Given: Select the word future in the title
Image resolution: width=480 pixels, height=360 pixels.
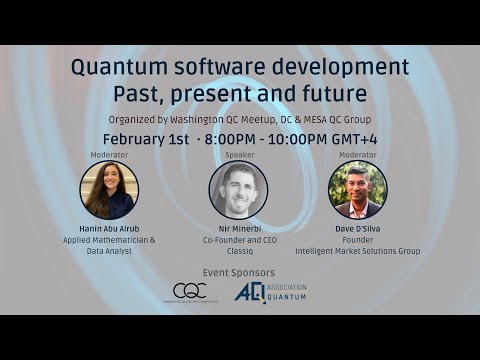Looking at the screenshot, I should (330, 95).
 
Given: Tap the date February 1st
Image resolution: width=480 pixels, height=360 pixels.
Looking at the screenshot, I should (146, 138).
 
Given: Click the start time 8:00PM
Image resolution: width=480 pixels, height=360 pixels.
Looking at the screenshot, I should (231, 138).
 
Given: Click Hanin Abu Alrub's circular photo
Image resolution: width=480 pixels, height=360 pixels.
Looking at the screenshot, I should (109, 190).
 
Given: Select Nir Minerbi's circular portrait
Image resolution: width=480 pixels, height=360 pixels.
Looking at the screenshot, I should (238, 190).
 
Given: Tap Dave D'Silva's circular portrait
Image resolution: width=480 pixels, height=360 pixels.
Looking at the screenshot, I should (357, 190).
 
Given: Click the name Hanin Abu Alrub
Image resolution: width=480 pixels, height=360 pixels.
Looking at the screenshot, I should (109, 230).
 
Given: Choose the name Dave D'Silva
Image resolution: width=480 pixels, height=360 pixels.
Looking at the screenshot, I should (357, 230).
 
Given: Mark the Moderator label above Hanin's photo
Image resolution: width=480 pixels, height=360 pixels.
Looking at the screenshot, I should (109, 155).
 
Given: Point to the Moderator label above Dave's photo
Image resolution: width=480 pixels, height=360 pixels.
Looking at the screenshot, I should (357, 155).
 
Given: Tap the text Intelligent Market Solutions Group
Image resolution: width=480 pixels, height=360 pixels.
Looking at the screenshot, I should (357, 251).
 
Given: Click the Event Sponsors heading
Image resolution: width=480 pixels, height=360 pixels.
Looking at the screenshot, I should (238, 271).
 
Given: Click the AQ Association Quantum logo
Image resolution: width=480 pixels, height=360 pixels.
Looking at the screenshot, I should (270, 292).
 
